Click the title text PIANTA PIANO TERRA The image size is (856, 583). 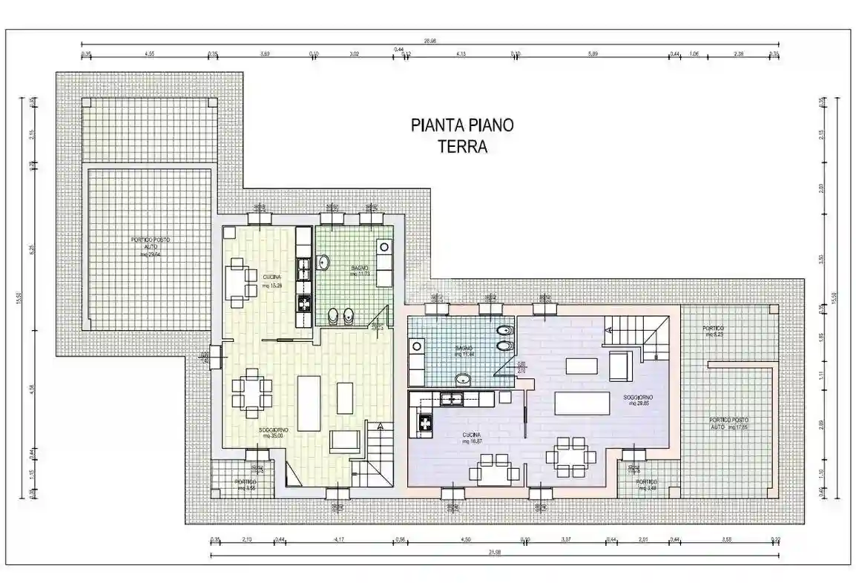tap(461, 135)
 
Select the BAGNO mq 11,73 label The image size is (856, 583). tap(360, 271)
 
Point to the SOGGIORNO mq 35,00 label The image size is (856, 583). tap(273, 433)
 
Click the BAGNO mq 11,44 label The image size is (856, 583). tap(464, 351)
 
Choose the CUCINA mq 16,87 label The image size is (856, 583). tap(470, 439)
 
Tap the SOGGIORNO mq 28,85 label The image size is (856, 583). tap(639, 401)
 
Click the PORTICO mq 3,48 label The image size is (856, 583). tap(645, 484)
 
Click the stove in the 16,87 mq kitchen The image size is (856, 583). tap(427, 423)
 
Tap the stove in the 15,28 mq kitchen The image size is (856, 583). tap(304, 303)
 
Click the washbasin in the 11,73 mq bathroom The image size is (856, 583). tap(324, 262)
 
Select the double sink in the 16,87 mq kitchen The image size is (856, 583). tap(450, 399)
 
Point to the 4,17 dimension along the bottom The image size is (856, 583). tap(339, 540)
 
